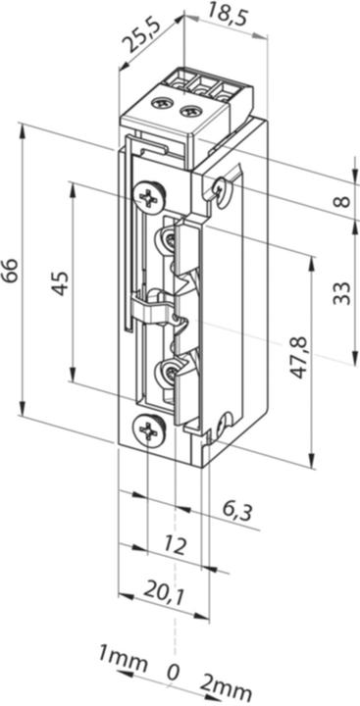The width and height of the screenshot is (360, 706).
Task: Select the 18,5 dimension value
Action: coord(227,14)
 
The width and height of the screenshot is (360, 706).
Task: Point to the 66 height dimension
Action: coord(10,269)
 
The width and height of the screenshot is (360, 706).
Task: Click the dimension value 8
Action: coord(341,201)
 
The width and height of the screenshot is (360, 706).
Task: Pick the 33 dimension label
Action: coord(341,292)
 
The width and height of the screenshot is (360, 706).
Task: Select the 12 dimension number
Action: coord(175,545)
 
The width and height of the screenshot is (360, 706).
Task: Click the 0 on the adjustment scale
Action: coord(173,674)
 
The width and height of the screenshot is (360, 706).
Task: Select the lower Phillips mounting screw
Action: coord(148,429)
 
